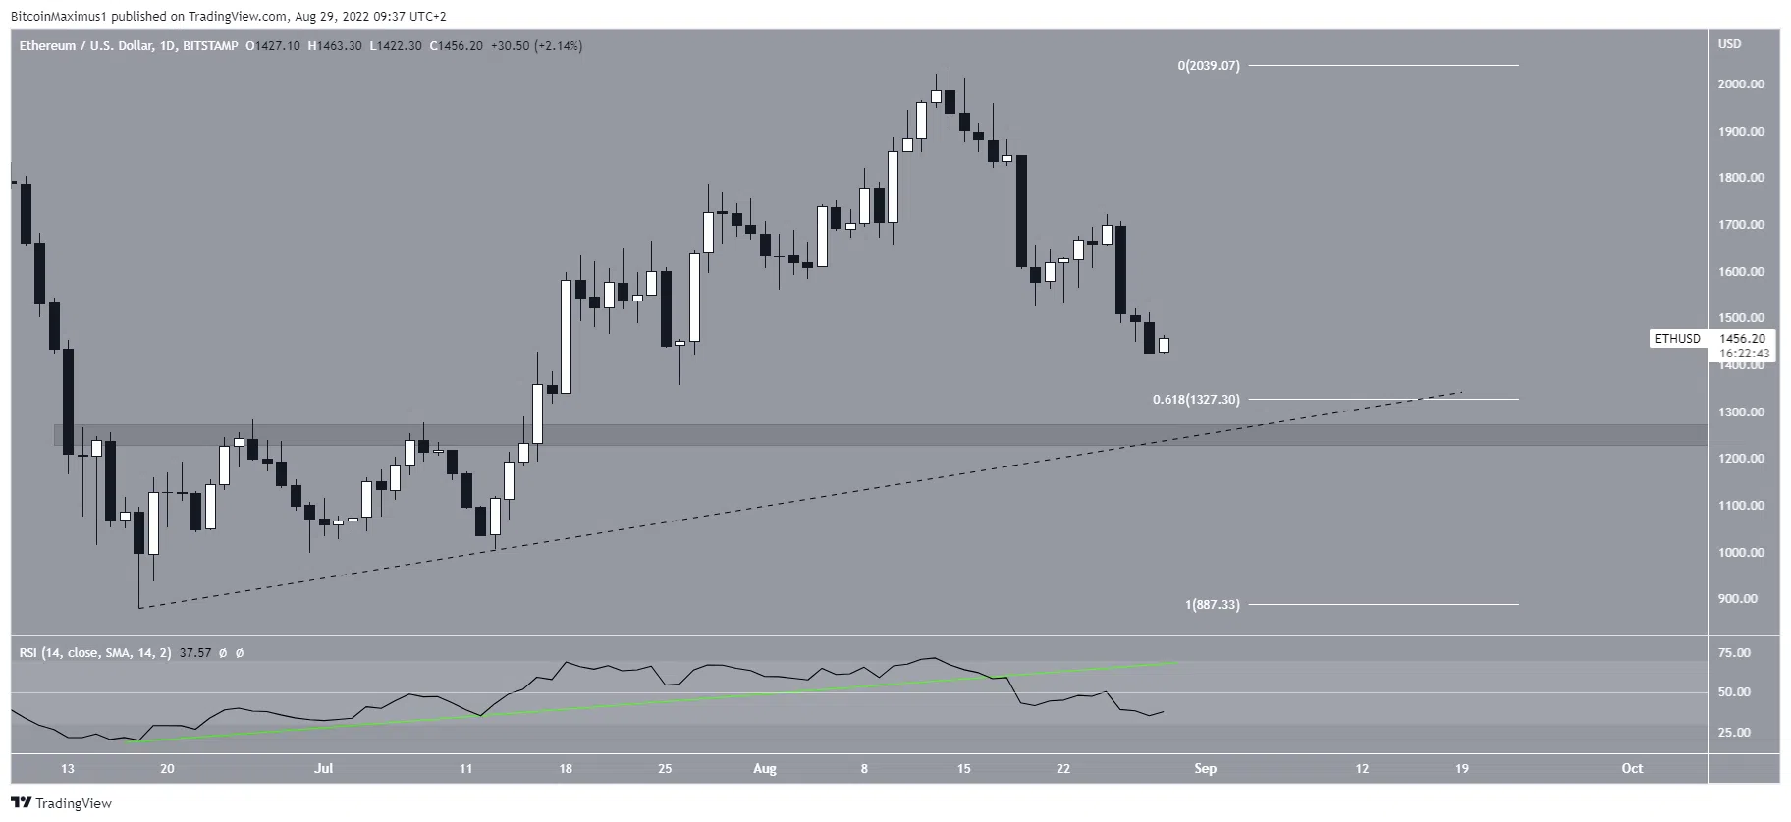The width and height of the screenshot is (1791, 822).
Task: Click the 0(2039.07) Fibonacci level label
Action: (x=1209, y=66)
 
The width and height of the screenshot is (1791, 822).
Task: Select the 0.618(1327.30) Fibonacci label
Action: (x=1196, y=400)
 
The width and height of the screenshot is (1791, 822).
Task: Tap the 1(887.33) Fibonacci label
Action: (x=1212, y=605)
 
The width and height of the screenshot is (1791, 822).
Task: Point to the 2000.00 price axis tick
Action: (x=1740, y=84)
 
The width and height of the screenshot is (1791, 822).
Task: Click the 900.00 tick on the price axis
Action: (x=1740, y=599)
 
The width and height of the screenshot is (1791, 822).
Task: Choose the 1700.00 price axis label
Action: (x=1740, y=225)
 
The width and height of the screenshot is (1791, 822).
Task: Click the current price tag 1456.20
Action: (x=1742, y=339)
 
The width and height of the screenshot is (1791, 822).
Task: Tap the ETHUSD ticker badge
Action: (x=1677, y=339)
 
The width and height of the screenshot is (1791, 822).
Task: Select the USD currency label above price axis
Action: (x=1729, y=44)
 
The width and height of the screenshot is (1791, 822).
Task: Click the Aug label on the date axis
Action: (x=765, y=769)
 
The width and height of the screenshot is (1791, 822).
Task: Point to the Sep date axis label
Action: (x=1206, y=769)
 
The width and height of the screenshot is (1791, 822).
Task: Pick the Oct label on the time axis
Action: (x=1632, y=769)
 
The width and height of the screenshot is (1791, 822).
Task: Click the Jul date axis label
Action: (x=323, y=769)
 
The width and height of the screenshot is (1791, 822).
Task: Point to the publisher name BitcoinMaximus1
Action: (x=57, y=16)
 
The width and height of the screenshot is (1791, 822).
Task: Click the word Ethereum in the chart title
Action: (x=47, y=46)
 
